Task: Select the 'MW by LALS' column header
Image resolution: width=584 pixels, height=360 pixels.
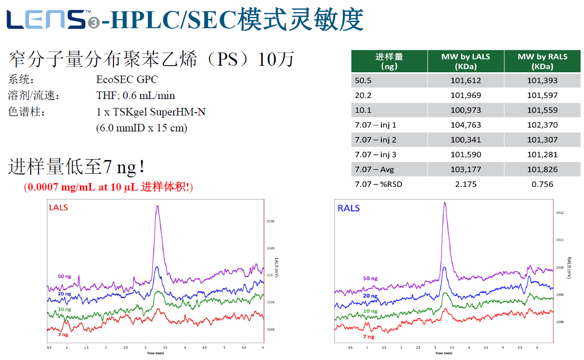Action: point(465,61)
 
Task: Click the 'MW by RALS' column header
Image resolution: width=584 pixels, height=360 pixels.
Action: point(542,61)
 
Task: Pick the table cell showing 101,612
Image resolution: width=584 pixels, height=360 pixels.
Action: point(465,80)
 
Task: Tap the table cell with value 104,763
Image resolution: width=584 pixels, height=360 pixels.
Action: point(465,125)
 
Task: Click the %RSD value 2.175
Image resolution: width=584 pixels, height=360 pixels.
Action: point(465,184)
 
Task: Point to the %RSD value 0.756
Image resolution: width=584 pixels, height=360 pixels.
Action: point(542,184)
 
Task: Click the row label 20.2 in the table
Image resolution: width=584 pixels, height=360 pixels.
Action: point(363,95)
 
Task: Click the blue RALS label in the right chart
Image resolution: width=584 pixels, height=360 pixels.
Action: point(349,208)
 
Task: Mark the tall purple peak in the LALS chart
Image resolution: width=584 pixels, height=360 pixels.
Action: point(157,207)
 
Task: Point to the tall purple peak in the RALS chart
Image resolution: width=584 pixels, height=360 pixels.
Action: point(445,204)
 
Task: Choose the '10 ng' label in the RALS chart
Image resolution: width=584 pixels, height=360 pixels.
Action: point(370,311)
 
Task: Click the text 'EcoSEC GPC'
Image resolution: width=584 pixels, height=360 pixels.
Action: point(127,79)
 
